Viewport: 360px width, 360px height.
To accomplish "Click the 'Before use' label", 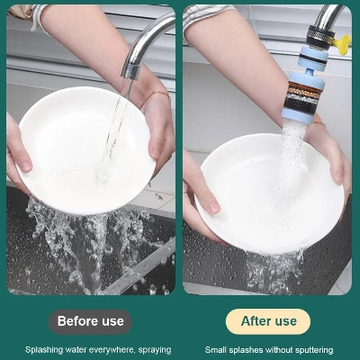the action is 90,321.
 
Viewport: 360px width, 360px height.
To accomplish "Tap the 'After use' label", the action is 268,321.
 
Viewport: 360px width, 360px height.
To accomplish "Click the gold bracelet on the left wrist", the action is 155,98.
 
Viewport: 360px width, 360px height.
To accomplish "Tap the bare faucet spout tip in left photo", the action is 130,71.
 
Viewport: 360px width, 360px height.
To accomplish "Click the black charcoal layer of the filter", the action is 300,103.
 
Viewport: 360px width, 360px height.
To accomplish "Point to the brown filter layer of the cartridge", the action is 304,86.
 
